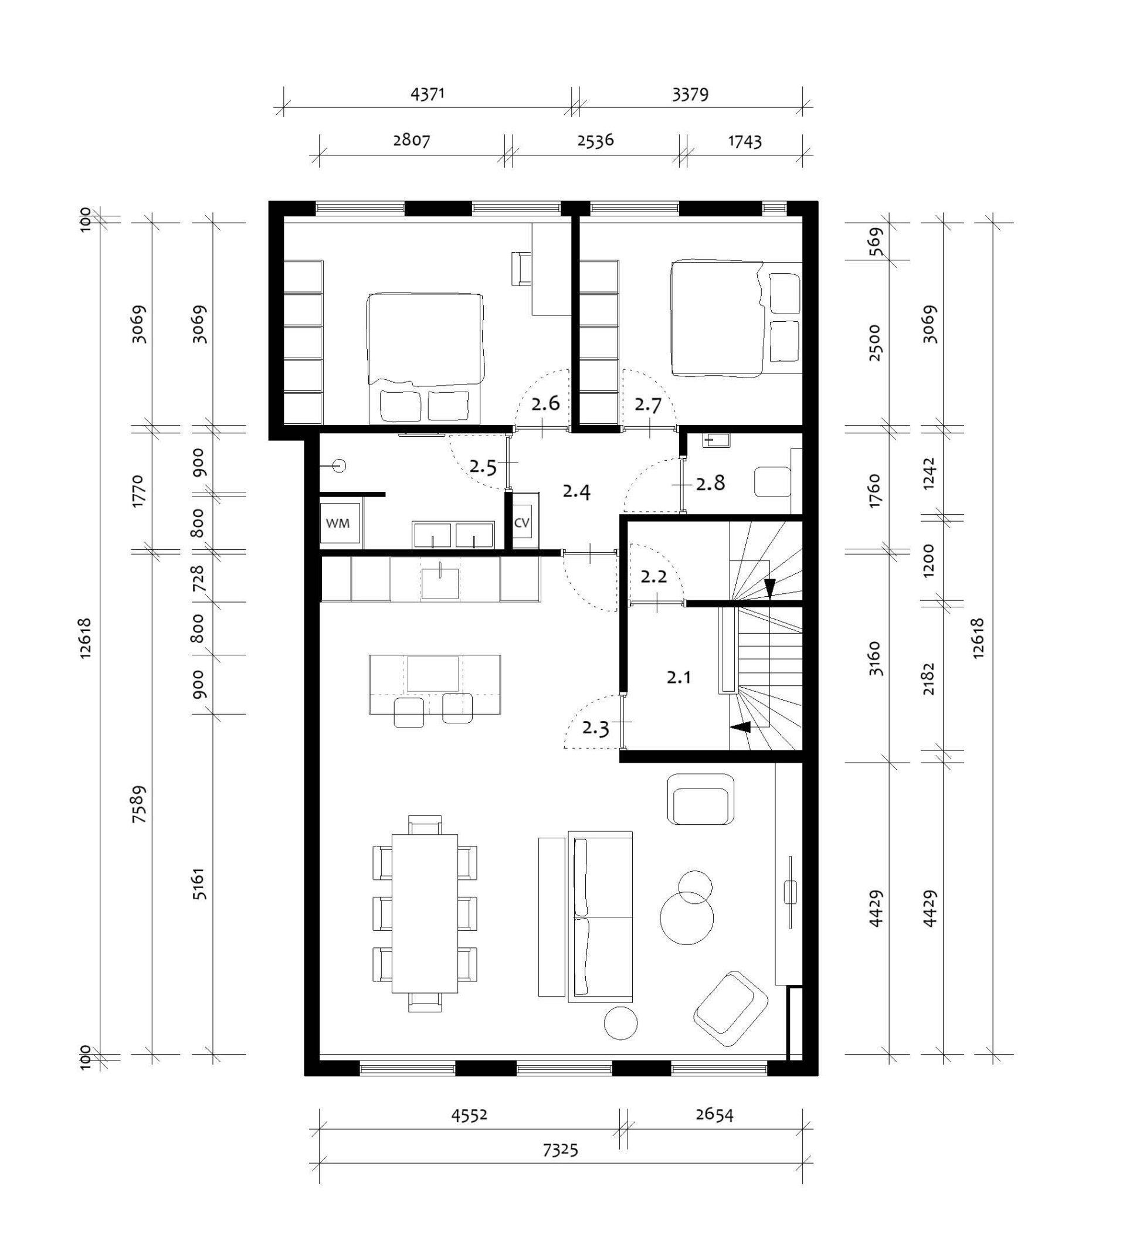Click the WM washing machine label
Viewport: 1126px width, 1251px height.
click(337, 523)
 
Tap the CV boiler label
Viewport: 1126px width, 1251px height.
click(521, 523)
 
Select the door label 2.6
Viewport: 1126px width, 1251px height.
click(545, 404)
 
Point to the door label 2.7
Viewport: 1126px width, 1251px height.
click(648, 405)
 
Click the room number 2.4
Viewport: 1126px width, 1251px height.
click(576, 492)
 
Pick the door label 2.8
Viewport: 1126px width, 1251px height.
click(710, 483)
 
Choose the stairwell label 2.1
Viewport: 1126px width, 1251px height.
click(679, 677)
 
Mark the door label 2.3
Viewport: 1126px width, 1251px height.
click(596, 729)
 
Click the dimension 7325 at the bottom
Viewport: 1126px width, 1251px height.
click(560, 1150)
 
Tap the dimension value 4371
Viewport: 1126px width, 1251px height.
click(428, 94)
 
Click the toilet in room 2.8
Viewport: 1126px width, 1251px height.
click(773, 482)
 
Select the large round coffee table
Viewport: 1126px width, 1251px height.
click(687, 917)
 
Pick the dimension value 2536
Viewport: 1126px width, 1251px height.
click(595, 141)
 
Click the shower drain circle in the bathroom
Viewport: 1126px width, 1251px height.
click(339, 465)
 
